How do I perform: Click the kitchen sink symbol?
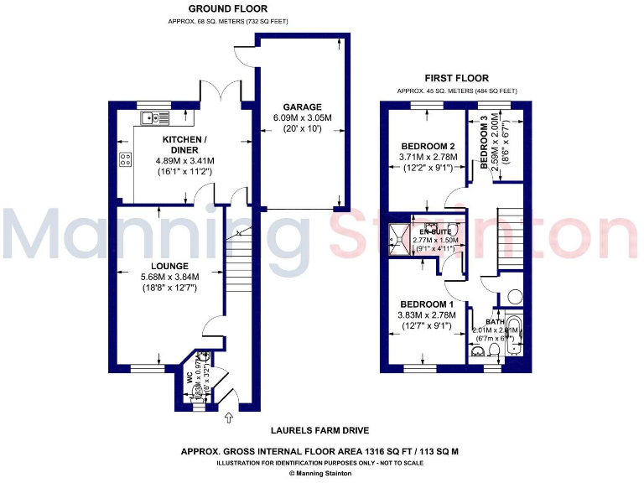point(154,118)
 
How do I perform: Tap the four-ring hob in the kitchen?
point(126,160)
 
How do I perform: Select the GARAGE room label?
point(301,106)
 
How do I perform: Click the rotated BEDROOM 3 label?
point(484,143)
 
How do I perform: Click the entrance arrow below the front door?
point(231,416)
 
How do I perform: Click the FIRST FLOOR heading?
point(456,77)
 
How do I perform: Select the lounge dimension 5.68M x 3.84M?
point(165,278)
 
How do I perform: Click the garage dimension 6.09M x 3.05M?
point(301,118)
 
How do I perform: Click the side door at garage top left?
point(244,53)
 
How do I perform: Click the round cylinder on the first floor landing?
point(510,297)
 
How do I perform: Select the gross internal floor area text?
point(319,451)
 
